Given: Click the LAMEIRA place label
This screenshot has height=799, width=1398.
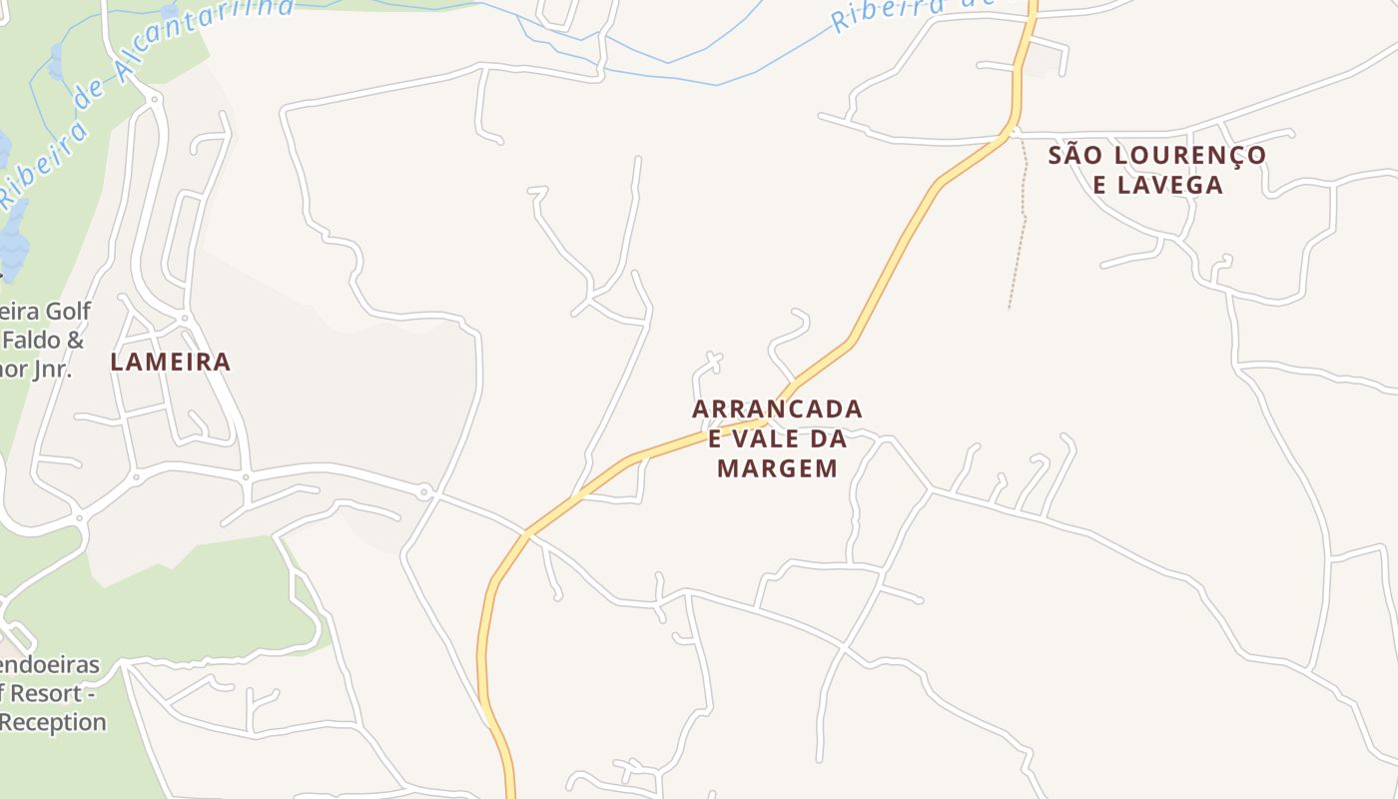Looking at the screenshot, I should pos(170,362).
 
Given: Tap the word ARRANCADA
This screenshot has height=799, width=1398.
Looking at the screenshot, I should pos(777,409).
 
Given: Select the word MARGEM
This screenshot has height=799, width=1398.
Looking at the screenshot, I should pos(777,467).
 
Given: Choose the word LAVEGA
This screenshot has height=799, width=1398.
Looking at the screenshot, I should pos(1171,185).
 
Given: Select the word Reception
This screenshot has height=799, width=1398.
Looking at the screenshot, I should pos(52,722).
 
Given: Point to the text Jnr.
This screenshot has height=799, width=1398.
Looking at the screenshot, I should pos(50,369).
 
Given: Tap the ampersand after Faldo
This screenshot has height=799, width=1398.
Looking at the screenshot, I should pos(75,340).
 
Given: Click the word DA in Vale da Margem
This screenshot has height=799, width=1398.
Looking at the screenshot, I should pos(830,438).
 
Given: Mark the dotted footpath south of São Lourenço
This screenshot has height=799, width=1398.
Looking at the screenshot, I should pos(1022,230).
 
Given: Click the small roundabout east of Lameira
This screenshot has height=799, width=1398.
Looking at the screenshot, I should pos(425,491).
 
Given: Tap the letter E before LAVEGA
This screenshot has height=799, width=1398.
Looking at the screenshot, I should pos(1099,185).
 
